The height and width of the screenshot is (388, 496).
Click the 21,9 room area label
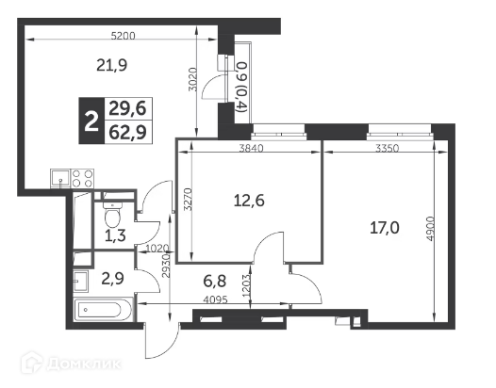[111, 66]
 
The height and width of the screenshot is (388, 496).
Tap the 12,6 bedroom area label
[249, 201]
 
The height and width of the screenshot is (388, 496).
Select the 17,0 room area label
[385, 228]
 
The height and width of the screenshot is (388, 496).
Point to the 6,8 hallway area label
[215, 281]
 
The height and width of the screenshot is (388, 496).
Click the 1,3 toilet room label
[115, 235]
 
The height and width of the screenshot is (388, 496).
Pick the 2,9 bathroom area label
[112, 279]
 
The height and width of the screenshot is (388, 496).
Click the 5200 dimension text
[124, 36]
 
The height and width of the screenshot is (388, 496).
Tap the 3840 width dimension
[251, 148]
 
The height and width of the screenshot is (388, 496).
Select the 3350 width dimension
[388, 148]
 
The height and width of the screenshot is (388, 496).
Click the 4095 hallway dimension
[215, 299]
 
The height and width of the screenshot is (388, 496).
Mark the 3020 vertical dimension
[192, 80]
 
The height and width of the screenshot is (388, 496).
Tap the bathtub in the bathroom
[103, 310]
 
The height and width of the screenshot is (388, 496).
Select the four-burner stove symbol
[82, 179]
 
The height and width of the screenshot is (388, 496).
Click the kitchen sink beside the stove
[60, 179]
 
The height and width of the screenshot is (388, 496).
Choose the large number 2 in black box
[91, 121]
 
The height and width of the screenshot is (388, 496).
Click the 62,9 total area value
[128, 132]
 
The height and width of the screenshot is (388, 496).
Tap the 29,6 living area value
[128, 108]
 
